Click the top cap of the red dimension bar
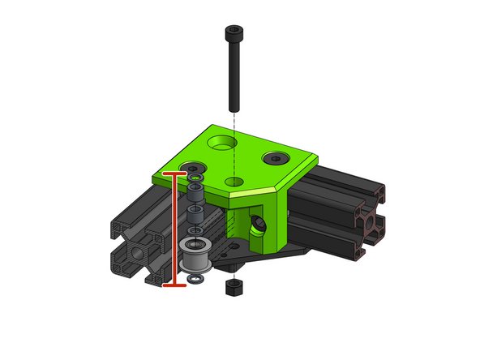coord(174,173)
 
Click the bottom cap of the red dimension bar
coord(174,285)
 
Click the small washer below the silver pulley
coord(195,281)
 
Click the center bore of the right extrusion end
coord(370,223)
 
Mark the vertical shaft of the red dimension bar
coord(174,231)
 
